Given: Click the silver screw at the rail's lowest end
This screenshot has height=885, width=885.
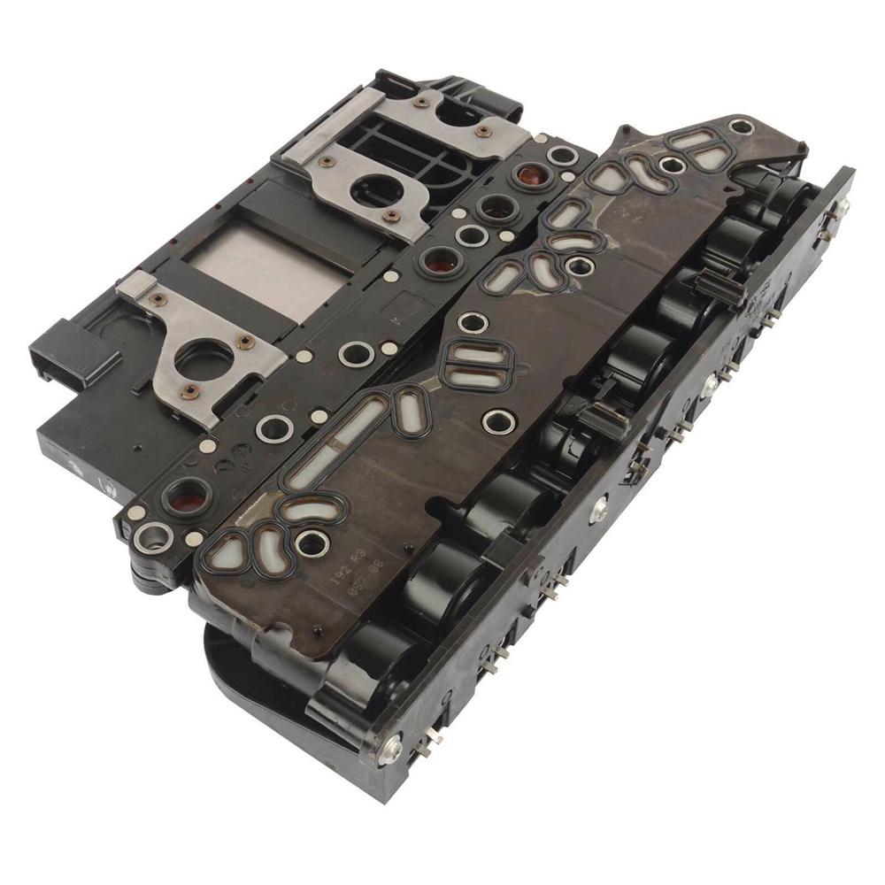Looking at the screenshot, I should (x=389, y=751).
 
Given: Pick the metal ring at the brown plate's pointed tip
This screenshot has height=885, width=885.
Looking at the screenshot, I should (x=742, y=127).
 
